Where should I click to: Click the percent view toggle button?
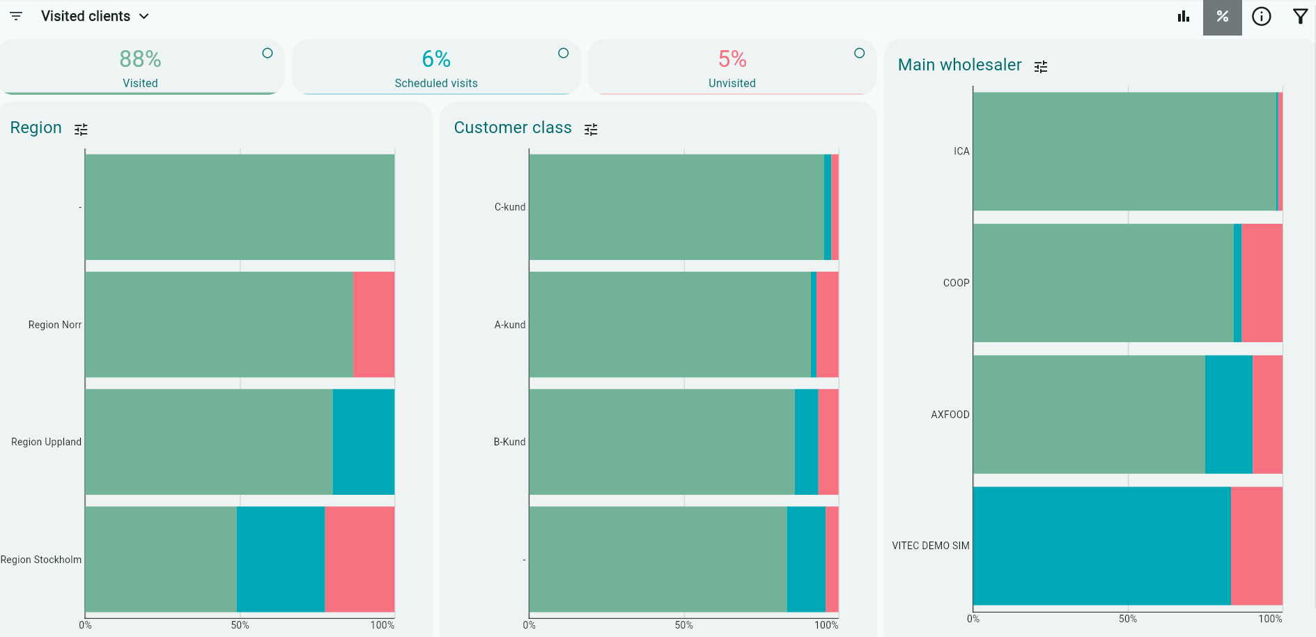[1222, 17]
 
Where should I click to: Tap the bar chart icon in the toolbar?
[1184, 17]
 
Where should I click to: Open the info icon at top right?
[1261, 17]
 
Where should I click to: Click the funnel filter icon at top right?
[1300, 17]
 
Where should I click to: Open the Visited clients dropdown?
[95, 16]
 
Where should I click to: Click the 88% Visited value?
[140, 59]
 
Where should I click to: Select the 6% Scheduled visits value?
[436, 59]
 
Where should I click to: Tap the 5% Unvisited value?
[732, 59]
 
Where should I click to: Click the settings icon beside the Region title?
[82, 130]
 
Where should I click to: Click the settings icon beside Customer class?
[591, 130]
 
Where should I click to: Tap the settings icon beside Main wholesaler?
[1041, 67]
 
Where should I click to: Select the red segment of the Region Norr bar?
[373, 325]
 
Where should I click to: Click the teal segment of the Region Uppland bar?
[363, 442]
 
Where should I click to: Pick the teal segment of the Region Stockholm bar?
[280, 559]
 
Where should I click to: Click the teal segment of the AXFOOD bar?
[1228, 415]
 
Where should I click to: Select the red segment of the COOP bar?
[1262, 283]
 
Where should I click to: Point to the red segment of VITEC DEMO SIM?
[1256, 546]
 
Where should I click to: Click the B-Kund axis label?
[509, 442]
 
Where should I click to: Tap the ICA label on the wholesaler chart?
[961, 151]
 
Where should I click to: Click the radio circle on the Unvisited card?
[859, 53]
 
